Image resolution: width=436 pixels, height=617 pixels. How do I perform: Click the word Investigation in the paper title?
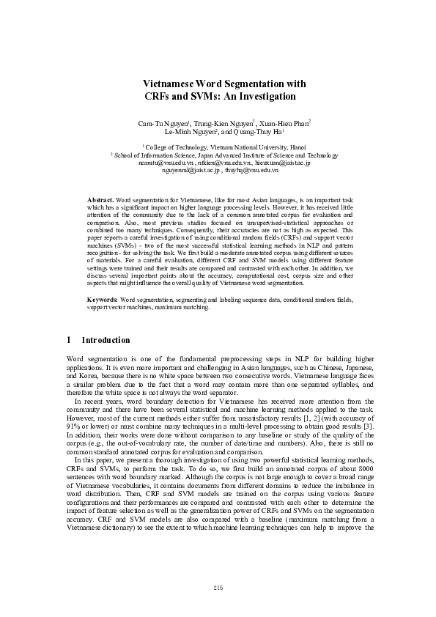(266, 96)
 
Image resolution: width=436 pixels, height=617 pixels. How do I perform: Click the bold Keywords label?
(102, 300)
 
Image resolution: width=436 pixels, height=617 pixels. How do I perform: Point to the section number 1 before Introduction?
(69, 341)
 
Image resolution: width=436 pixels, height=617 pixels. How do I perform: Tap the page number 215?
(218, 588)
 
